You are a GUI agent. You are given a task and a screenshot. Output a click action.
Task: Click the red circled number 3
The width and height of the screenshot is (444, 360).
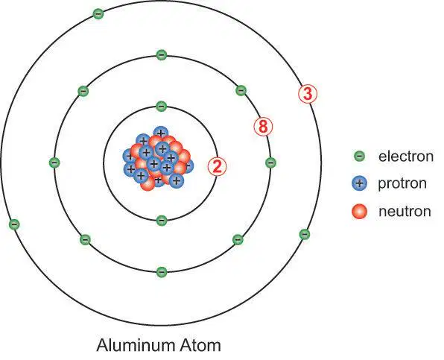click(308, 93)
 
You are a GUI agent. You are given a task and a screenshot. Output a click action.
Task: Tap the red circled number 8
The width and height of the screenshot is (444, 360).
click(263, 126)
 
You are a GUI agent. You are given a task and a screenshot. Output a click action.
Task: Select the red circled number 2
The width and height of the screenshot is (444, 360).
click(218, 166)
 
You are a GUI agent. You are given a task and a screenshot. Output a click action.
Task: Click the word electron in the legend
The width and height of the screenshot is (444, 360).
click(406, 157)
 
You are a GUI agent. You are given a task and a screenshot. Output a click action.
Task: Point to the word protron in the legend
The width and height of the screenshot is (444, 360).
click(402, 183)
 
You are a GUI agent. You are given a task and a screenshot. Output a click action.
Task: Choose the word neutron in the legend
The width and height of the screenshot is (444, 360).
click(405, 211)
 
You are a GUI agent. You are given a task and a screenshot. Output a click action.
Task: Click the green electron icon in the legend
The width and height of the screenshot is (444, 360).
click(360, 156)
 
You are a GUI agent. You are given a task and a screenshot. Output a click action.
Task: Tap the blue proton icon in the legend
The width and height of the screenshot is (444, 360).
click(359, 183)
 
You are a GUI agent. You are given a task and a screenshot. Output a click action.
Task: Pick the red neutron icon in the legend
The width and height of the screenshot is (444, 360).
click(359, 211)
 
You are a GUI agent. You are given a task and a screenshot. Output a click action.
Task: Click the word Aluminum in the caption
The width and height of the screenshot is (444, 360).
click(136, 345)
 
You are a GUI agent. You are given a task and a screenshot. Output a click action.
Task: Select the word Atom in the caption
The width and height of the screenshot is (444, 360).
click(200, 345)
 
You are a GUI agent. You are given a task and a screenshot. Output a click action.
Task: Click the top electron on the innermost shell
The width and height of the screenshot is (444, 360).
click(162, 107)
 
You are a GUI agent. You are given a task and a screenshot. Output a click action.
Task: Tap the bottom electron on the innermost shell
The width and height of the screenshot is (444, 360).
click(162, 220)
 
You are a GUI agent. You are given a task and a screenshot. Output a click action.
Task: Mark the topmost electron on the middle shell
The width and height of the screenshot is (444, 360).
click(162, 54)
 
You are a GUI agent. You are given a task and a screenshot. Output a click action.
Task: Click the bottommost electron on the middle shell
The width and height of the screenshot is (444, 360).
click(162, 272)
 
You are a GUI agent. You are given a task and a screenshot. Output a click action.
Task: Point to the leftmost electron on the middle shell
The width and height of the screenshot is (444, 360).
click(54, 162)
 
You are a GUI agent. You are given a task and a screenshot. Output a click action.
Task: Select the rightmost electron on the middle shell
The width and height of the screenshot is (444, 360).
click(270, 162)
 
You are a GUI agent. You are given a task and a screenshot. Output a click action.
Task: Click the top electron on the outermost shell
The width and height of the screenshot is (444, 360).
click(98, 13)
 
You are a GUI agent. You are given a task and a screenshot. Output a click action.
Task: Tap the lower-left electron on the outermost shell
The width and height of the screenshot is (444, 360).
click(14, 224)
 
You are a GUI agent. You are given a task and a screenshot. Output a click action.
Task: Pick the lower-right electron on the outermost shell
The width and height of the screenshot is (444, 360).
click(305, 234)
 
